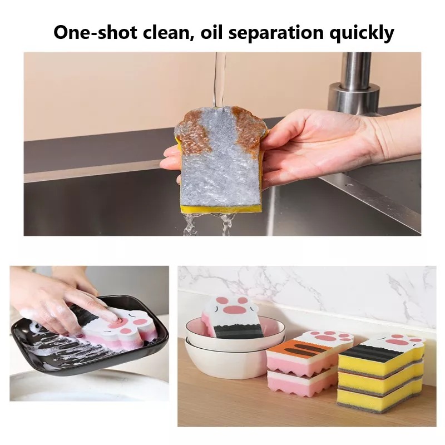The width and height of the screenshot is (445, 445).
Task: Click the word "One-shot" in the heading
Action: click(x=95, y=32)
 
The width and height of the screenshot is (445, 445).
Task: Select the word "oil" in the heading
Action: click(x=212, y=32)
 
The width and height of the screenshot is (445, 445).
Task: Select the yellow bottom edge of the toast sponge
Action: click(x=221, y=208)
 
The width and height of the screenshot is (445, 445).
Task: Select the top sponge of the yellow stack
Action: click(x=382, y=355)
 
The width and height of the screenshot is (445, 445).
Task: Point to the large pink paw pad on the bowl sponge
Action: click(x=236, y=309)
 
